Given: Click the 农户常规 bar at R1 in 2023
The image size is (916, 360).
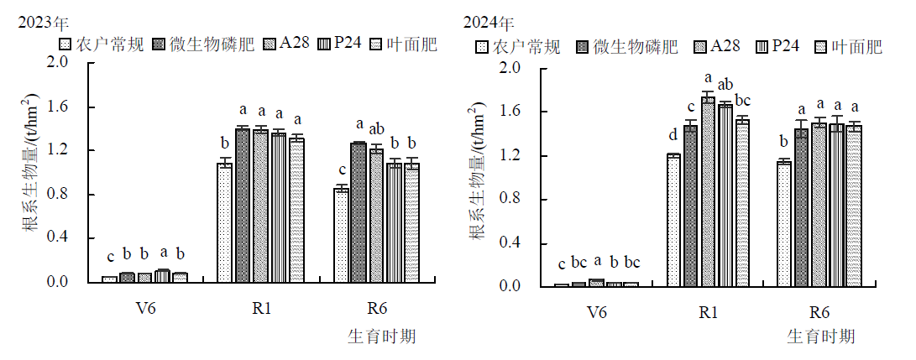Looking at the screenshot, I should tap(224, 222).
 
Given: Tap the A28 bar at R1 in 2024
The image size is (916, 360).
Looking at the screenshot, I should tap(709, 192).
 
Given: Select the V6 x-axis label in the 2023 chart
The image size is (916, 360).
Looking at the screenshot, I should tap(145, 308).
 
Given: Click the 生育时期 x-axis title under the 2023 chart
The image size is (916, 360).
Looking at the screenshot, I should tap(382, 337).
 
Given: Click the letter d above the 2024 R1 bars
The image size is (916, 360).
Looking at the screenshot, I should tap(673, 136).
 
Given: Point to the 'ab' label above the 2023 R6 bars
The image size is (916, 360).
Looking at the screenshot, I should tap(377, 128).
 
